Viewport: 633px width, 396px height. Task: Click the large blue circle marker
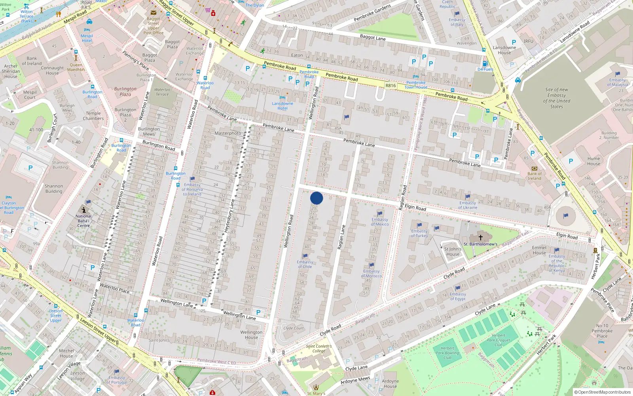pyautogui.click(x=316, y=198)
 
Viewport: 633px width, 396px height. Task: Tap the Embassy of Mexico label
pyautogui.click(x=380, y=222)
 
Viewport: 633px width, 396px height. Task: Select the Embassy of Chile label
pyautogui.click(x=305, y=264)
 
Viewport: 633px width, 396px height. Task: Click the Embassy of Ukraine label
pyautogui.click(x=468, y=205)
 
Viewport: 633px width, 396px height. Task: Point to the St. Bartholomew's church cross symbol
pyautogui.click(x=481, y=238)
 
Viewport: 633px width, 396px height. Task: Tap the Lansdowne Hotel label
pyautogui.click(x=282, y=106)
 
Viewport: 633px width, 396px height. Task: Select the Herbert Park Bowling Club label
pyautogui.click(x=447, y=353)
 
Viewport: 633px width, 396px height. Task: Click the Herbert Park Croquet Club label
pyautogui.click(x=498, y=340)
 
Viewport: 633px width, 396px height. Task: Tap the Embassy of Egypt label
pyautogui.click(x=458, y=296)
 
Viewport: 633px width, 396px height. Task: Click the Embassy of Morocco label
pyautogui.click(x=371, y=274)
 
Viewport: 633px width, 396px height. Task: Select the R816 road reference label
pyautogui.click(x=390, y=86)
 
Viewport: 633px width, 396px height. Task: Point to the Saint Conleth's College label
pyautogui.click(x=318, y=348)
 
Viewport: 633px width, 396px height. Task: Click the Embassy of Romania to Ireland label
pyautogui.click(x=192, y=189)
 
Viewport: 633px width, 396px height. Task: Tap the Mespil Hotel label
pyautogui.click(x=87, y=38)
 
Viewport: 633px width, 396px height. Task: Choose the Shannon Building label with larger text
pyautogui.click(x=54, y=188)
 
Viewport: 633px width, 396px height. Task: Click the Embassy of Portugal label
pyautogui.click(x=117, y=380)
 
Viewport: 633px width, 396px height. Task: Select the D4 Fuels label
pyautogui.click(x=485, y=69)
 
